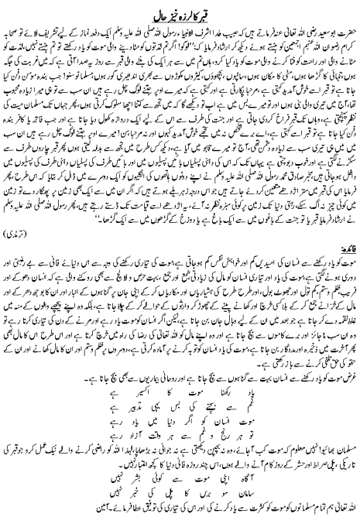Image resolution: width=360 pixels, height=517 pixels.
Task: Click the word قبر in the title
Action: point(218,10)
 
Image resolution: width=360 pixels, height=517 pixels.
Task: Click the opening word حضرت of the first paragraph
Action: point(343,26)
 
